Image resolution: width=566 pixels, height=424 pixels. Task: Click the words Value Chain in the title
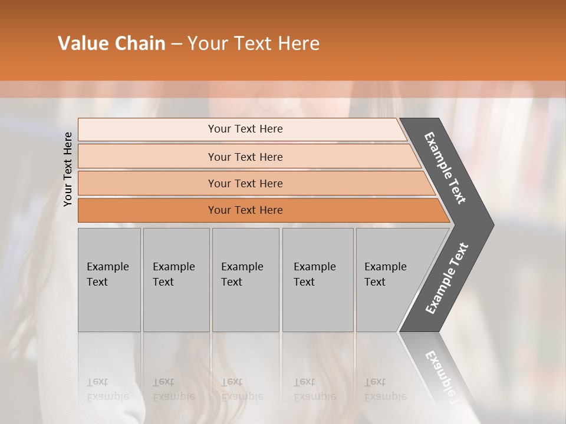[x=111, y=44]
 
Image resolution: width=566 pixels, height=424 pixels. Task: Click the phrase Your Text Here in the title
[x=254, y=44]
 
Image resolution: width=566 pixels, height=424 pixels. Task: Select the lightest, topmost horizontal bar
[x=147, y=129]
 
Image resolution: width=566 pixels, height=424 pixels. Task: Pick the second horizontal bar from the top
[x=147, y=157]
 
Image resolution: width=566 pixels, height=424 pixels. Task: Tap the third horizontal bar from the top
[x=147, y=183]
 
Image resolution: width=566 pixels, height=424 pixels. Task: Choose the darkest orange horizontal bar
[x=147, y=210]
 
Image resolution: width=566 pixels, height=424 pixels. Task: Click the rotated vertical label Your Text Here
[x=68, y=169]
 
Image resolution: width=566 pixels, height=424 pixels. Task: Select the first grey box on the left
[x=109, y=306]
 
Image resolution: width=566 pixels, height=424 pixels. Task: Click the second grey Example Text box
[x=176, y=306]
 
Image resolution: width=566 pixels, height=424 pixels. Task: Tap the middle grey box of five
[x=245, y=306]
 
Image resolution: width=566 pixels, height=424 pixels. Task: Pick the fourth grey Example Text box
[x=318, y=306]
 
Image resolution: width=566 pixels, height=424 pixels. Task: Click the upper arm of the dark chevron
[x=446, y=168]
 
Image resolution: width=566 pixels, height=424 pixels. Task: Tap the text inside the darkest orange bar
[x=245, y=210]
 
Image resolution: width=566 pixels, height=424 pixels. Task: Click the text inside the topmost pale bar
[x=245, y=129]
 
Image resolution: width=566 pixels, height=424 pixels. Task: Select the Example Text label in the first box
[x=107, y=274]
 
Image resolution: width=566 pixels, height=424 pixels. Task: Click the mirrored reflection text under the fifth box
[x=385, y=389]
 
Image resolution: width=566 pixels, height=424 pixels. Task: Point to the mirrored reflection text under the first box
[x=107, y=389]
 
